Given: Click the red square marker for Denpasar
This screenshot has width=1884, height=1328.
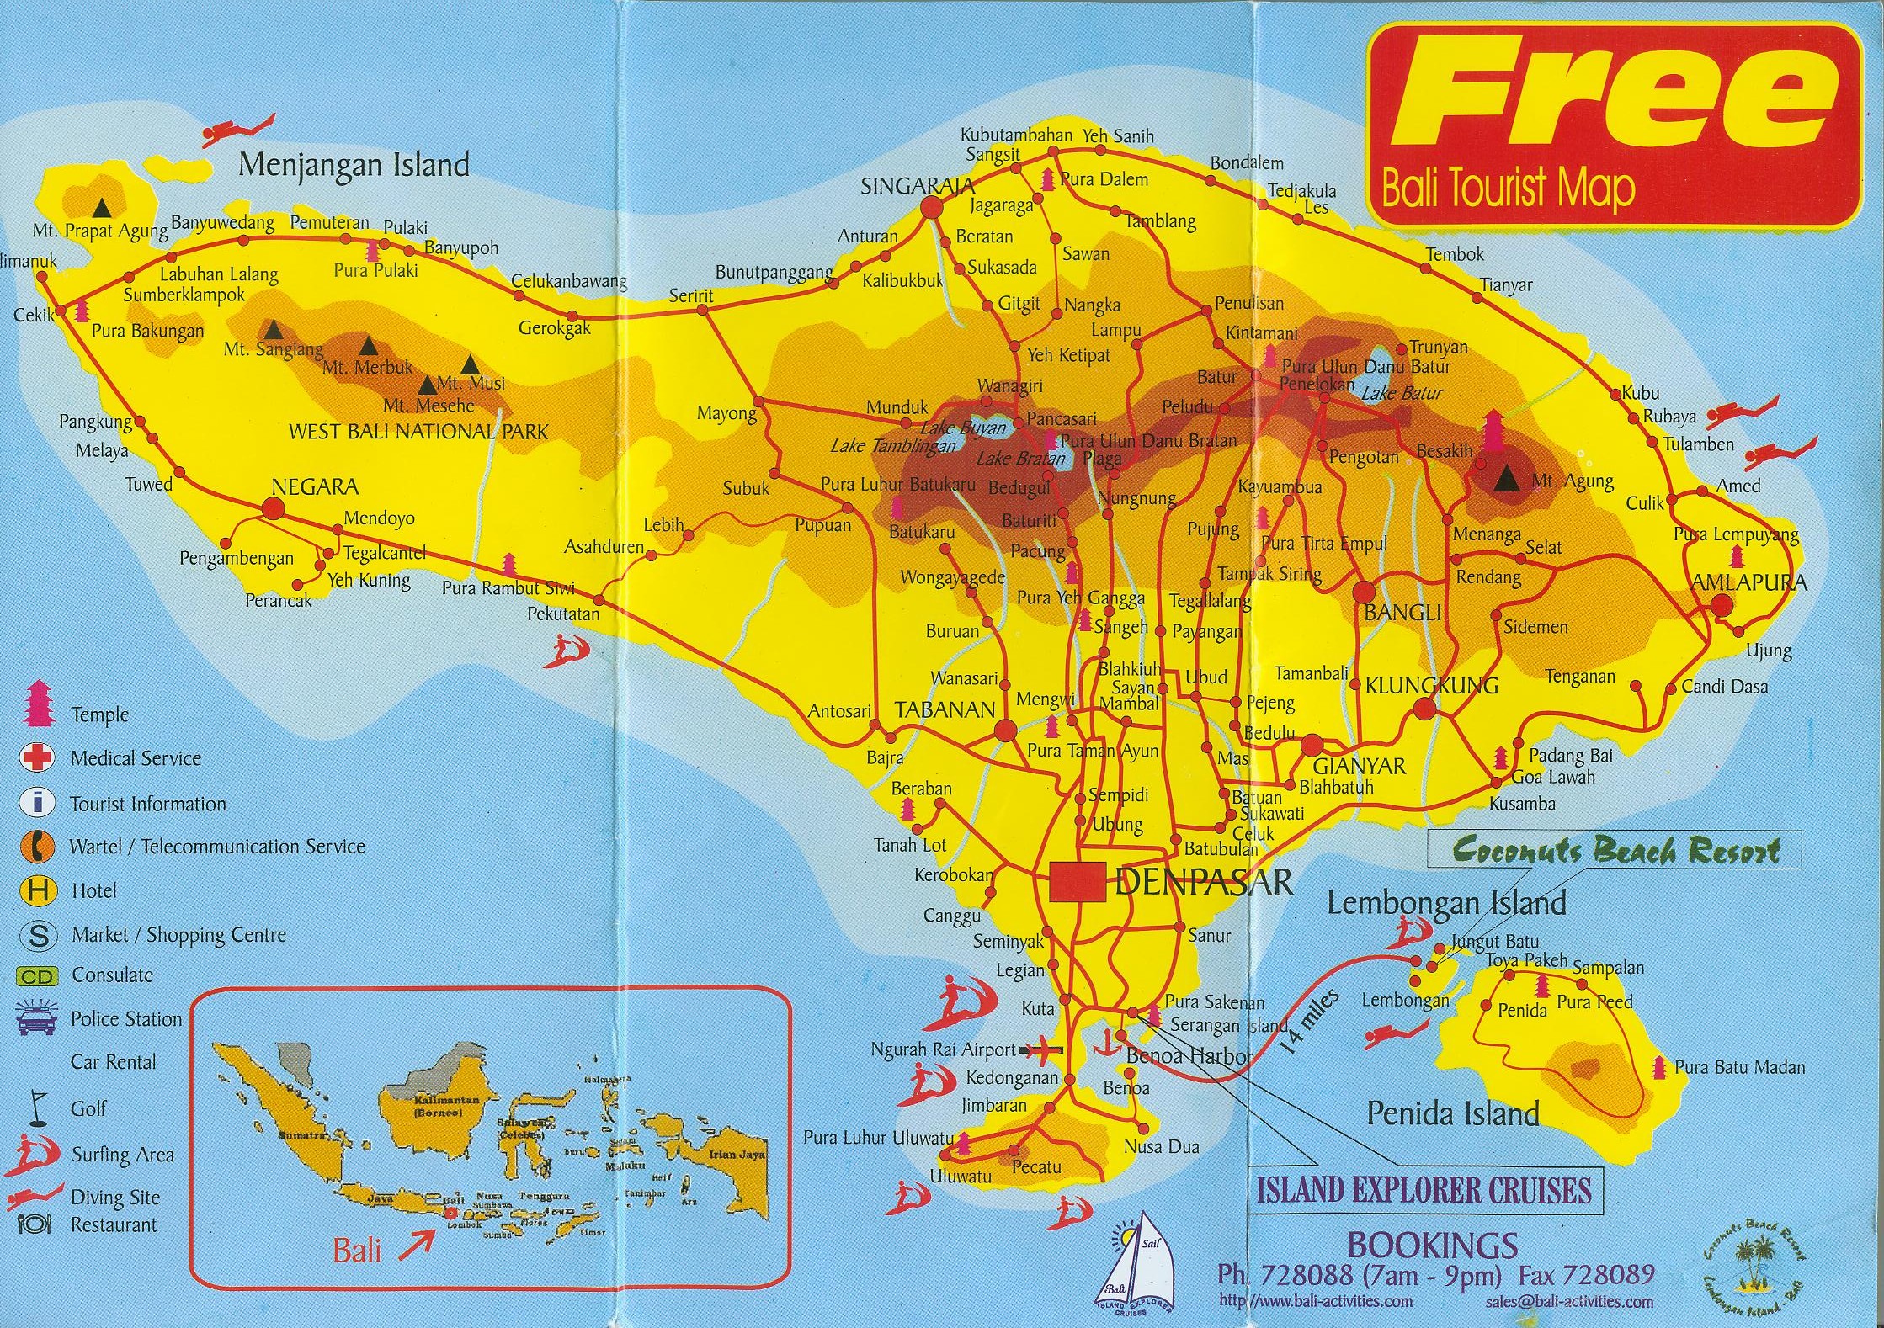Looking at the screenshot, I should (x=1077, y=882).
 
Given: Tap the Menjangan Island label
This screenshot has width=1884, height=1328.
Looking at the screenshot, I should (x=354, y=164).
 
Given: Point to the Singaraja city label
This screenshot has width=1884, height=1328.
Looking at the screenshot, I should (x=916, y=186).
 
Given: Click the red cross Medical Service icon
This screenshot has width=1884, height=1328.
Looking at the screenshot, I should (x=36, y=757).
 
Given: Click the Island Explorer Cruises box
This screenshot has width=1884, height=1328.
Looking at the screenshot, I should (x=1424, y=1190).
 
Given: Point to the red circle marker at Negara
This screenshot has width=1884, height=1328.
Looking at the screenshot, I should (x=272, y=508).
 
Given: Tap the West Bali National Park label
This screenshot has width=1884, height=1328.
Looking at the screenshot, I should (x=418, y=432).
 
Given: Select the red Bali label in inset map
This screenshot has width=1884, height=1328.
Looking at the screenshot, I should (x=357, y=1251).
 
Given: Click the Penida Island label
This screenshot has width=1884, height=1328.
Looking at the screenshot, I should (x=1453, y=1113).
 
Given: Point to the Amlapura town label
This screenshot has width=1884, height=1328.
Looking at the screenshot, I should (x=1749, y=582).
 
